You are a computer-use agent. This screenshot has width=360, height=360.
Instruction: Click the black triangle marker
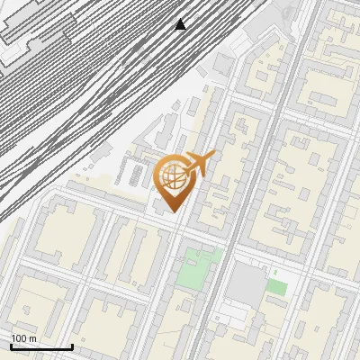tap(181, 23)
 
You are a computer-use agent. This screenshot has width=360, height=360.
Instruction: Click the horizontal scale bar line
tap(41, 346)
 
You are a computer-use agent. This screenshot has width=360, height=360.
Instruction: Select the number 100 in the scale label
tap(20, 338)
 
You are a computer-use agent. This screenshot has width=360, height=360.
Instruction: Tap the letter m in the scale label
tap(32, 338)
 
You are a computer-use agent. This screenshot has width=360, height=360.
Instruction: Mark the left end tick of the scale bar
tap(11, 346)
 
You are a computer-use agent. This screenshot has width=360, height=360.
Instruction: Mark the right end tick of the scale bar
tap(72, 346)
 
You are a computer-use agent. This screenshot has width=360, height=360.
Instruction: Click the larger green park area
tap(198, 268)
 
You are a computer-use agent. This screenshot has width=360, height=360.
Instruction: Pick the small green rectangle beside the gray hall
tap(277, 287)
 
